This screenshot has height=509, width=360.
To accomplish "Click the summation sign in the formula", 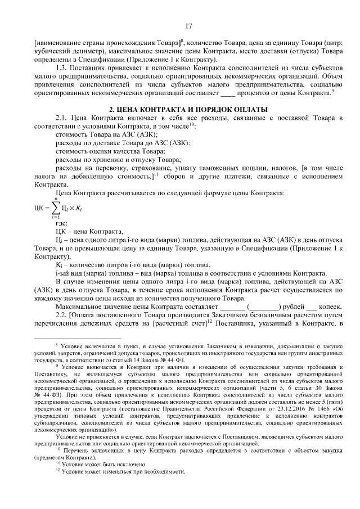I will [x=57, y=210].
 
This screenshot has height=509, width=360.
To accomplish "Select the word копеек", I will [x=330, y=307].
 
